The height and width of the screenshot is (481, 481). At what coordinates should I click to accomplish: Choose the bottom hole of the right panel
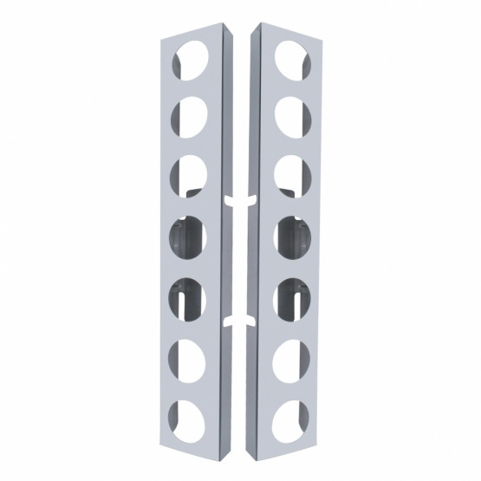[x=292, y=413]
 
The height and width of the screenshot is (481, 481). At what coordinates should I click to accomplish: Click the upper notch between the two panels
[x=239, y=200]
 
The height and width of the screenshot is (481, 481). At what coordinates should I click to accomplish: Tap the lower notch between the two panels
[x=239, y=323]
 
